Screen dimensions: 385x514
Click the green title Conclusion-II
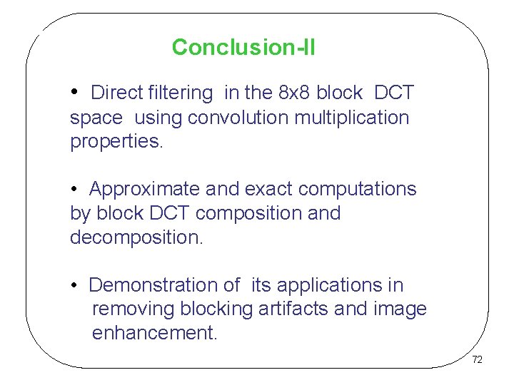point(243,48)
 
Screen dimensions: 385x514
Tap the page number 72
point(477,359)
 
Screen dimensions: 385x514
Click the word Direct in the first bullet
point(117,93)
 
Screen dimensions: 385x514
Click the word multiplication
point(351,117)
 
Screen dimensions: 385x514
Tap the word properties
point(116,142)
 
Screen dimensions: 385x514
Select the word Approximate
point(145,189)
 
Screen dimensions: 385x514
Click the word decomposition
point(136,237)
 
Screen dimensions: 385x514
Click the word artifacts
point(292,309)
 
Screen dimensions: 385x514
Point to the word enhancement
point(155,334)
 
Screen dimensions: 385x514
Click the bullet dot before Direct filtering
point(75,93)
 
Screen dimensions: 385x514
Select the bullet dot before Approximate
point(74,190)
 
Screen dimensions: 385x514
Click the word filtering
point(181,93)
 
